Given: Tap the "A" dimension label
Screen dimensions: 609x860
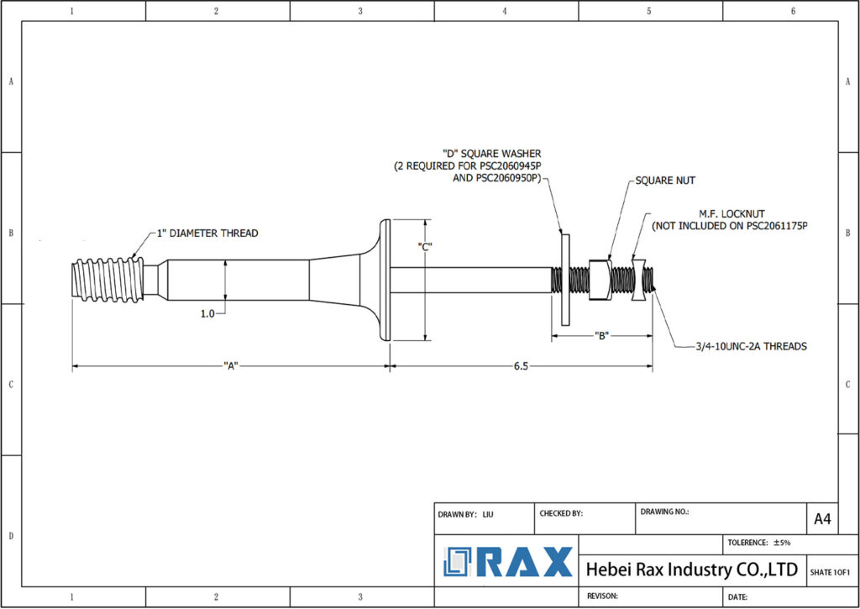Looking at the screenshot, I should pos(232,365).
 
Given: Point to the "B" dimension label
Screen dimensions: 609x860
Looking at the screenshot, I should pos(601,336).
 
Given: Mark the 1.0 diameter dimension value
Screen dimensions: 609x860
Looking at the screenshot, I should pos(207,312).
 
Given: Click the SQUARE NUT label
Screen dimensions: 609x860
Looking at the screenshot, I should pos(665,181).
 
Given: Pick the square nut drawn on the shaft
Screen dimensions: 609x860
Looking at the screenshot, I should pos(599,279).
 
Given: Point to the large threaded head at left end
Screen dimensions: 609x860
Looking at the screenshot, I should pos(107,279).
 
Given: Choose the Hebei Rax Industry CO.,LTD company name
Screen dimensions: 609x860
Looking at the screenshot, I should pos(690,570).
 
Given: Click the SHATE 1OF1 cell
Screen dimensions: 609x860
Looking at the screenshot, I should pos(830,571).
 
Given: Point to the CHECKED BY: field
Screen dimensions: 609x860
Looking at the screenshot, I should pos(560,512).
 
